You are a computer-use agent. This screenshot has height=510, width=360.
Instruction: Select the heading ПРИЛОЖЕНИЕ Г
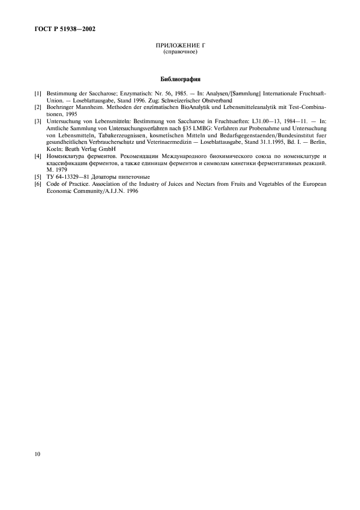[x=180, y=46]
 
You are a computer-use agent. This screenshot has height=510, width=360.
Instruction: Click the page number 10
[x=37, y=453]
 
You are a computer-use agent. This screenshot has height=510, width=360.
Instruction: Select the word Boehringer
[x=62, y=108]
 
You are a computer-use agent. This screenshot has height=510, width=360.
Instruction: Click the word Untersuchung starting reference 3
[x=64, y=122]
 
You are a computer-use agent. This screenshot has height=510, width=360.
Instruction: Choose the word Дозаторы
[x=109, y=177]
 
